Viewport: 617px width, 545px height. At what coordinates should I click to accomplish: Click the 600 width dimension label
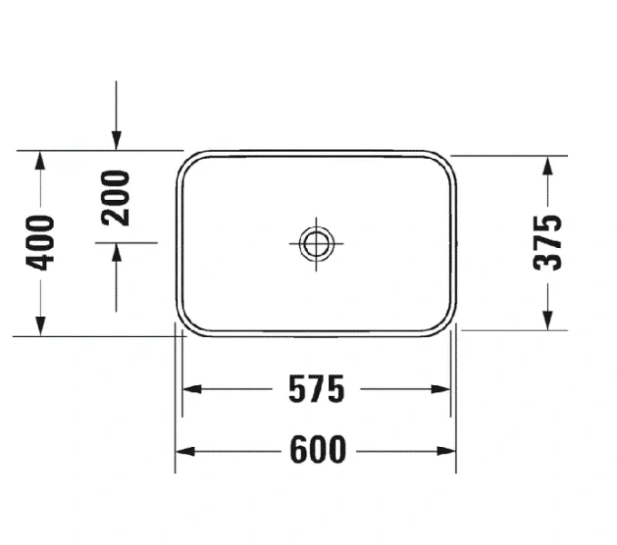[318, 450]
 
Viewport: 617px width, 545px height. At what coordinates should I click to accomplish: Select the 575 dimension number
[316, 390]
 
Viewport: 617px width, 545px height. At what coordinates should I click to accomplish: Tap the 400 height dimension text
[41, 243]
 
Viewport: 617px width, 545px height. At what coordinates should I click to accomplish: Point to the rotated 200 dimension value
[116, 197]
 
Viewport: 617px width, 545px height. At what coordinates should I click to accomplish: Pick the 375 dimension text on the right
[548, 243]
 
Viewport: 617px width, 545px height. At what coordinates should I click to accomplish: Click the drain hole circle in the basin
[316, 243]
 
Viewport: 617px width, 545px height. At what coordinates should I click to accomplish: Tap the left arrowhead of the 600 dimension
[182, 451]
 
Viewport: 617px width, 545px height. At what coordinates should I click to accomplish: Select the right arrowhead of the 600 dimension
[449, 451]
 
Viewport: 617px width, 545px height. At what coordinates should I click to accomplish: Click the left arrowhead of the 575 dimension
[189, 389]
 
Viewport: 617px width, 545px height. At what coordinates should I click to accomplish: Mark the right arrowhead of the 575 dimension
[443, 389]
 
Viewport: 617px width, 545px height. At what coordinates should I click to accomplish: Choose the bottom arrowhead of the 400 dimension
[40, 327]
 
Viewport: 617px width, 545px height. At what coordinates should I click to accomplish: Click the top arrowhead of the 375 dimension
[548, 163]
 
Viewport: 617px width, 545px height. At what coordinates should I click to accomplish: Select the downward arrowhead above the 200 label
[116, 140]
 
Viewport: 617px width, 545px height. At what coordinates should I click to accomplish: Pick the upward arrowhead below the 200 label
[116, 252]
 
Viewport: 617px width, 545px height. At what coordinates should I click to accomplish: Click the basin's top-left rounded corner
[186, 162]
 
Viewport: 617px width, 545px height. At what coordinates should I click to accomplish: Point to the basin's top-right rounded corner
[446, 162]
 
